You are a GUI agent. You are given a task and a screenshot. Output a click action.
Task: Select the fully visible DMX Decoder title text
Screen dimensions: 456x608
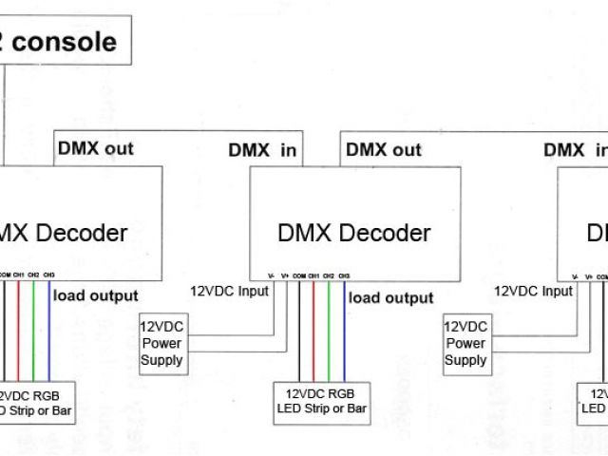354,233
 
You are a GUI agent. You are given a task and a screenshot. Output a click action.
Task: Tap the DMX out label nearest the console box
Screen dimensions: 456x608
96,148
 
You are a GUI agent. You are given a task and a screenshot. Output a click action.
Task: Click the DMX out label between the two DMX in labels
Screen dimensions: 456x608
384,149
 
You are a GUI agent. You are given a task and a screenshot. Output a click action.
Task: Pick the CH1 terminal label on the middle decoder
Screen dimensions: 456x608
313,275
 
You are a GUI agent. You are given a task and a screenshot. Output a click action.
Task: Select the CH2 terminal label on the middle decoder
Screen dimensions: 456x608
329,275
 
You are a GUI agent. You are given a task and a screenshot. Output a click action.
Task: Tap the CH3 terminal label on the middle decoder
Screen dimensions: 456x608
344,275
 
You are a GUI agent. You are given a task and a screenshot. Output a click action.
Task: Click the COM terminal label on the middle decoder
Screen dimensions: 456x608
299,275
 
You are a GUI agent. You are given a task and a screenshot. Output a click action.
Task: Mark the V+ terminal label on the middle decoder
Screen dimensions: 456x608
285,275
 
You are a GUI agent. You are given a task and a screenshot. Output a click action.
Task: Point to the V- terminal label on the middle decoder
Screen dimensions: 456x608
272,275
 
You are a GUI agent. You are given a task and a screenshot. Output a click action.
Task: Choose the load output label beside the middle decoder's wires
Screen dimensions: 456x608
391,297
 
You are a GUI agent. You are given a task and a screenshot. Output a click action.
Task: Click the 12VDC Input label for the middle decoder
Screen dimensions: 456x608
229,291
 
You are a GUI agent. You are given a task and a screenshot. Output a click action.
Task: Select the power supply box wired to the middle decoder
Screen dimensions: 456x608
161,343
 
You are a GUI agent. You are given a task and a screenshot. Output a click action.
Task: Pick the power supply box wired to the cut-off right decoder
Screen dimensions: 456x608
465,343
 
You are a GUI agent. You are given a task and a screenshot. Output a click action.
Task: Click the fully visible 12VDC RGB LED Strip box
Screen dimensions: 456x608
320,401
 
